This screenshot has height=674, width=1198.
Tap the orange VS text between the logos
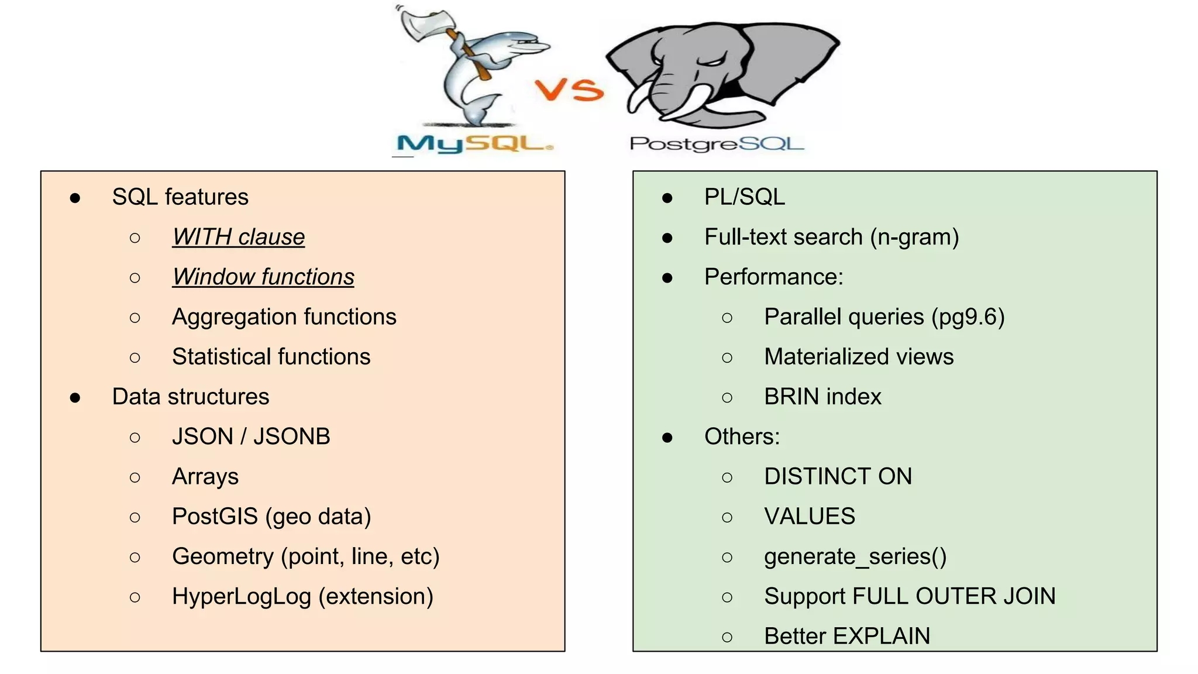click(x=569, y=90)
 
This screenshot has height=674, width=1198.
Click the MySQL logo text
click(x=474, y=143)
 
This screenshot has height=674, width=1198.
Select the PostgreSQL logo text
click(x=717, y=143)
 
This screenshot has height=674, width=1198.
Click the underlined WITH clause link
click(x=238, y=237)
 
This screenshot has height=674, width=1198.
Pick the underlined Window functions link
click(x=263, y=277)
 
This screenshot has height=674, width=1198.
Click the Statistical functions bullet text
click(x=271, y=357)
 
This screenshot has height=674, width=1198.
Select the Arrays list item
click(x=205, y=477)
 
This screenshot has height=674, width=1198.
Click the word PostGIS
click(x=215, y=517)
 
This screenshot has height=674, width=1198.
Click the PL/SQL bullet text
click(x=744, y=197)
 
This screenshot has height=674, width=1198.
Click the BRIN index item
click(x=822, y=397)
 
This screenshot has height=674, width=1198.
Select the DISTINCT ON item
click(x=838, y=477)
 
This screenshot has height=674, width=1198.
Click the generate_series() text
click(x=855, y=556)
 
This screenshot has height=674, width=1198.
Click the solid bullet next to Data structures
click(x=75, y=398)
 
